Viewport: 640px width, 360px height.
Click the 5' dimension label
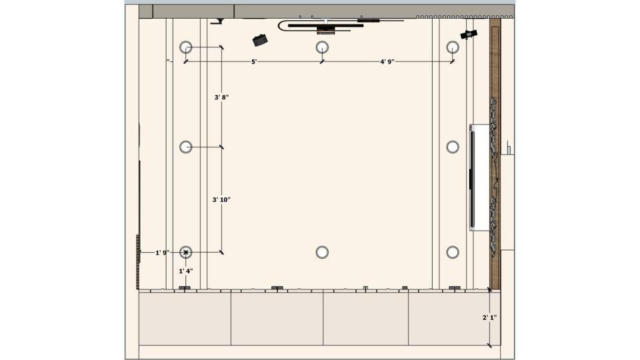click(x=254, y=61)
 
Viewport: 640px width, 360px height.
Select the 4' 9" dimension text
click(x=387, y=61)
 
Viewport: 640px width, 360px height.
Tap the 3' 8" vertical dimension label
click(x=221, y=97)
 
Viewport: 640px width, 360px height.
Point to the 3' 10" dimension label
click(x=221, y=199)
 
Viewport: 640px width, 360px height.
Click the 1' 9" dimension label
click(x=163, y=253)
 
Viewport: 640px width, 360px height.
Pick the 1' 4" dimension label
click(x=186, y=271)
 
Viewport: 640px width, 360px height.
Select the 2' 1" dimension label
click(x=489, y=317)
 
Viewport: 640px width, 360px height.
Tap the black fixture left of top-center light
click(x=259, y=40)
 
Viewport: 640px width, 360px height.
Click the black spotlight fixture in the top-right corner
click(x=469, y=34)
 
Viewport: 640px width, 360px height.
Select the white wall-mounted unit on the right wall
click(x=479, y=177)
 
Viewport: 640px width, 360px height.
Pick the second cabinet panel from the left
click(x=277, y=319)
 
